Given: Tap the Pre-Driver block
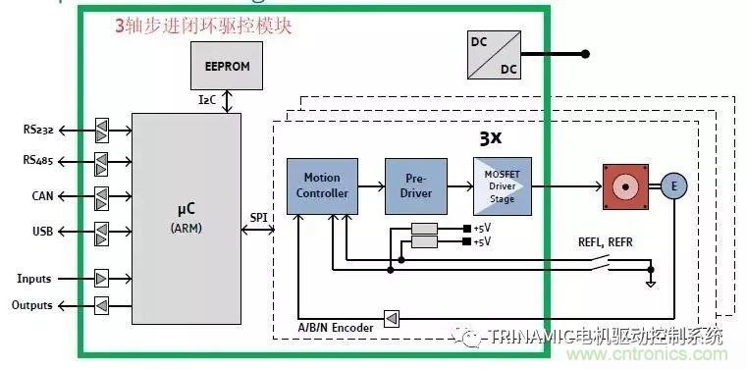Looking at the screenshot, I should click(x=414, y=185).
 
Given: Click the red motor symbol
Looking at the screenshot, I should click(x=624, y=185).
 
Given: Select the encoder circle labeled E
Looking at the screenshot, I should click(x=673, y=185).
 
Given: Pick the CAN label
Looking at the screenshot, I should click(x=41, y=196).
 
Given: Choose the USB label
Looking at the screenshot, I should click(x=41, y=232).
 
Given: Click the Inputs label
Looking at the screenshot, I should click(x=34, y=279).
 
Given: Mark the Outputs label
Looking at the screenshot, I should click(x=32, y=306).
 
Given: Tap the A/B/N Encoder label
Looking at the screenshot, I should click(x=336, y=327).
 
